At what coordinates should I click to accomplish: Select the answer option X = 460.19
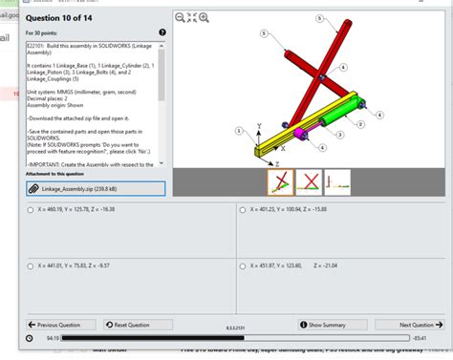tap(32, 208)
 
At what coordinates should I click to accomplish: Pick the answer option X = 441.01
tap(32, 266)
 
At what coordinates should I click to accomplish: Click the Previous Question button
tap(61, 325)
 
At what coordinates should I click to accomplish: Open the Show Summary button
tap(326, 325)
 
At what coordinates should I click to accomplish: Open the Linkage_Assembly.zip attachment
tap(96, 189)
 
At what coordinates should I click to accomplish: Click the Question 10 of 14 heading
tap(63, 16)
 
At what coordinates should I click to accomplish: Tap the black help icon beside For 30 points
tap(162, 32)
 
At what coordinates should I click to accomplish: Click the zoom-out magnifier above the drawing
tap(181, 17)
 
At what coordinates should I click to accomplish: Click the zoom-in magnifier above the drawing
tap(204, 17)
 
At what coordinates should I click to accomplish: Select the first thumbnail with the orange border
tap(280, 181)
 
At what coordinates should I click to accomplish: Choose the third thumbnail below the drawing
tap(337, 181)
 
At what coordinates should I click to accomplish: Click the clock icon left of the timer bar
tap(29, 338)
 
